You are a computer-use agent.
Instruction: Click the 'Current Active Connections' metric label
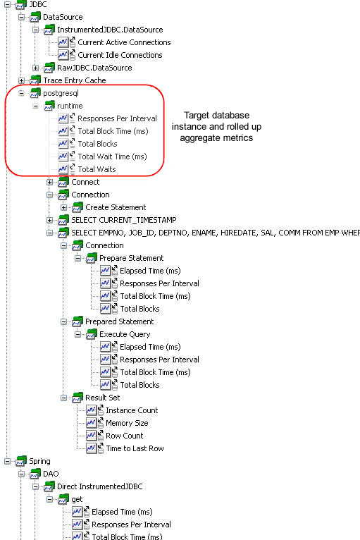pos(124,42)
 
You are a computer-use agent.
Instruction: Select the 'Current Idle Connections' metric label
pos(120,55)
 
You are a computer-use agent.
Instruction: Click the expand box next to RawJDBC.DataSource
pos(35,68)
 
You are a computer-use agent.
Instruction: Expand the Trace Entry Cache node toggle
pos(21,80)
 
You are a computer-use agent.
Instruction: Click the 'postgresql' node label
pos(61,93)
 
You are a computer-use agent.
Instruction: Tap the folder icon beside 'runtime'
pos(49,106)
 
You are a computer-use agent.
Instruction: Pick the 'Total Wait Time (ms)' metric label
pos(112,157)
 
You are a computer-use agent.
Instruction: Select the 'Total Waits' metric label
pos(97,169)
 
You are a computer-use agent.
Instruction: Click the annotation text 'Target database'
pos(216,115)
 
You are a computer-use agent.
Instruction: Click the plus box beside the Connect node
pos(49,182)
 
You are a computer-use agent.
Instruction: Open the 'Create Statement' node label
pos(116,207)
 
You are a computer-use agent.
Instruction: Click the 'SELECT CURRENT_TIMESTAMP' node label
pos(124,220)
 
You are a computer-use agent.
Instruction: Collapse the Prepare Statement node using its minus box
pos(77,258)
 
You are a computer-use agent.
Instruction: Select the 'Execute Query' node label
pos(125,334)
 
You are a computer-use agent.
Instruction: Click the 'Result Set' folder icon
pos(77,398)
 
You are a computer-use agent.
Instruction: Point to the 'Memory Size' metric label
pos(127,423)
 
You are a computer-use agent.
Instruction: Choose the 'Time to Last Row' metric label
pos(135,448)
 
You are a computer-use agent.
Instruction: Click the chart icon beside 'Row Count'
pos(91,436)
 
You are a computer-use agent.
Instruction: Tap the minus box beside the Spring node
pos(7,461)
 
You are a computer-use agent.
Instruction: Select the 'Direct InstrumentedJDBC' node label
pos(100,486)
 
